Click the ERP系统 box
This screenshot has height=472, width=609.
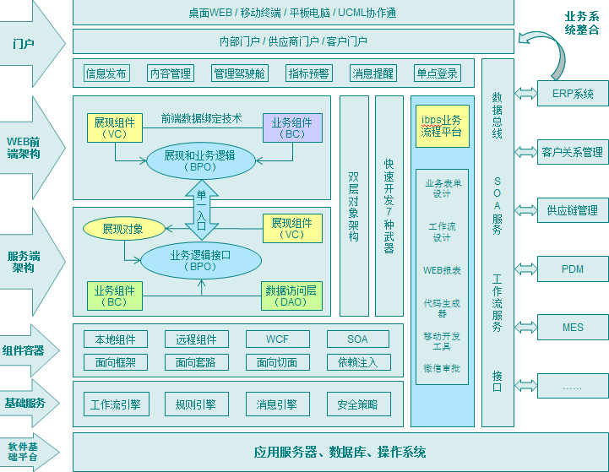coord(573,93)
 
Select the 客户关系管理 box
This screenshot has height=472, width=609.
coord(573,152)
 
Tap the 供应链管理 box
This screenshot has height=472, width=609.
coord(573,210)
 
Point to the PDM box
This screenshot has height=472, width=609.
coord(573,269)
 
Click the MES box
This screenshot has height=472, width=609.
coord(573,327)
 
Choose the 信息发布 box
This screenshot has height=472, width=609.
coord(106,73)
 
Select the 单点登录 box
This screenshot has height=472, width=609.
coord(437,73)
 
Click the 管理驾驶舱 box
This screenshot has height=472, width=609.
coord(239,73)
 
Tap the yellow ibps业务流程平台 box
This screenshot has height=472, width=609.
coord(442,126)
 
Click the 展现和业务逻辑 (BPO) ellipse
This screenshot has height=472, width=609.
coord(199,160)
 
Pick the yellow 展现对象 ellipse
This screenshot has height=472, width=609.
coord(123,228)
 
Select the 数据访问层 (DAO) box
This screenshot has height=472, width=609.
coord(292,296)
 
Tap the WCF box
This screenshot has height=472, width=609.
coord(277,339)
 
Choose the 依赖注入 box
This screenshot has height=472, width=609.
coord(358,362)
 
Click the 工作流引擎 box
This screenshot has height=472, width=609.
coord(115,404)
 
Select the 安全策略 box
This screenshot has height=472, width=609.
coord(358,404)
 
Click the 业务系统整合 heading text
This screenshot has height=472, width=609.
coord(582,23)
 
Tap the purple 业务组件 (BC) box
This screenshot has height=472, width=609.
coord(292,127)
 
